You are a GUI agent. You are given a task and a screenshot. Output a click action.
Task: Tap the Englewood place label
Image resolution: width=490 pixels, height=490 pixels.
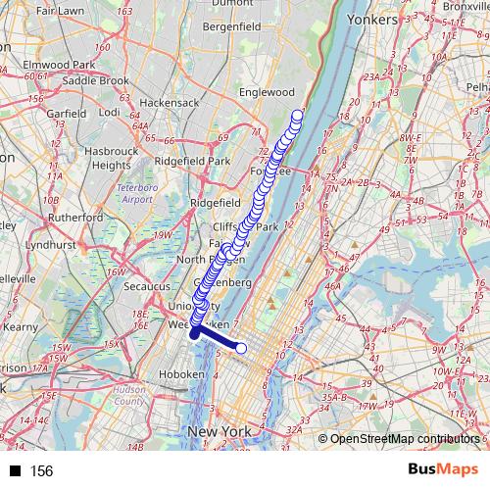268,92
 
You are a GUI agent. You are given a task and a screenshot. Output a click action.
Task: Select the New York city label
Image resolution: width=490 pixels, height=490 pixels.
222,431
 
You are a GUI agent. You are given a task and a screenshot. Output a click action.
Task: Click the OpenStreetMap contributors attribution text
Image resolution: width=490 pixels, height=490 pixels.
404,438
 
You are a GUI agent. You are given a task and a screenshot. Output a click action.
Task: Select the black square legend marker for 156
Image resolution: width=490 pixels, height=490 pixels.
14,470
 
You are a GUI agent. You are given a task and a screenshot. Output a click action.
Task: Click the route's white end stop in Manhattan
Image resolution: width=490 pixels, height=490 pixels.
241,347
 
